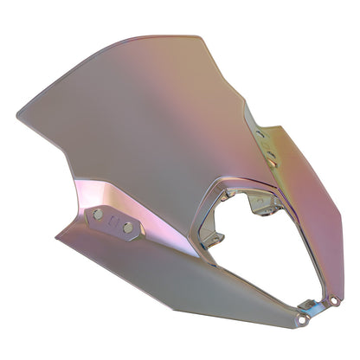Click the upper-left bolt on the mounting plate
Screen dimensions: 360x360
(x=99, y=213)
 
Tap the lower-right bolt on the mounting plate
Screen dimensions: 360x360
(x=128, y=228)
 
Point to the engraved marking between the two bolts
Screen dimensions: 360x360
(x=113, y=221)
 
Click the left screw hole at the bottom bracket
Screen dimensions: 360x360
(x=304, y=320)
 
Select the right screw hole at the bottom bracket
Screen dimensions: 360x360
(x=334, y=301)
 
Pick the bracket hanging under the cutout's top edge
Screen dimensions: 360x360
(x=260, y=204)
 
